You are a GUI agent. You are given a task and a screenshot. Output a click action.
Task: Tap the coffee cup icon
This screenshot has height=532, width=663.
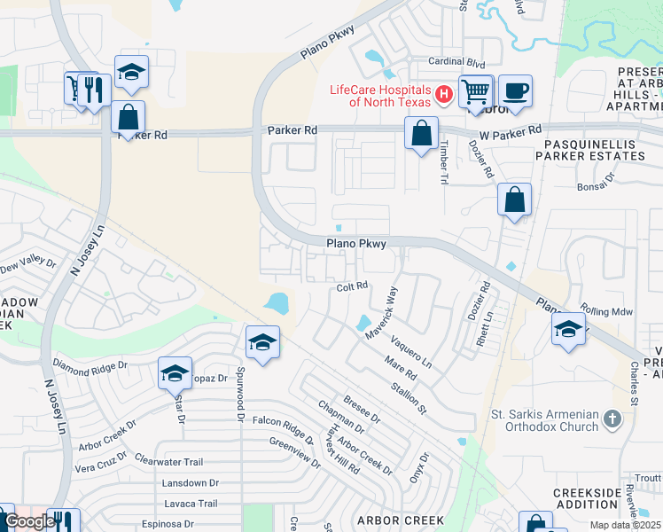[x=514, y=90]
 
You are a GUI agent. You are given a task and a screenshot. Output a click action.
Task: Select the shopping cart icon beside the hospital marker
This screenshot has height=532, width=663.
[x=476, y=90]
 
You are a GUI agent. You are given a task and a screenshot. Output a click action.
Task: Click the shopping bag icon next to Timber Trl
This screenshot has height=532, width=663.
[x=422, y=134]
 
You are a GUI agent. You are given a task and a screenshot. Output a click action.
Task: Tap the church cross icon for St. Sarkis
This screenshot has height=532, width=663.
[x=611, y=418]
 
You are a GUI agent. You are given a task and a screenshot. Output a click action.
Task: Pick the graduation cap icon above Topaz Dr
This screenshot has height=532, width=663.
[x=175, y=373]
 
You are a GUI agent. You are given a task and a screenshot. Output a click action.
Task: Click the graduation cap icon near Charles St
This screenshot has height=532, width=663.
[x=567, y=331]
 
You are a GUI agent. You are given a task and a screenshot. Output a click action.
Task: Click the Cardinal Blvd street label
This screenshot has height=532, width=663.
[x=457, y=62]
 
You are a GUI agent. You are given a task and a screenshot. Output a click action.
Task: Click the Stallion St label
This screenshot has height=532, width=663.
[x=409, y=396]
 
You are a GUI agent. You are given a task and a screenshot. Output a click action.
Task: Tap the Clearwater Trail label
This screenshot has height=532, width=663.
[x=169, y=461]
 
